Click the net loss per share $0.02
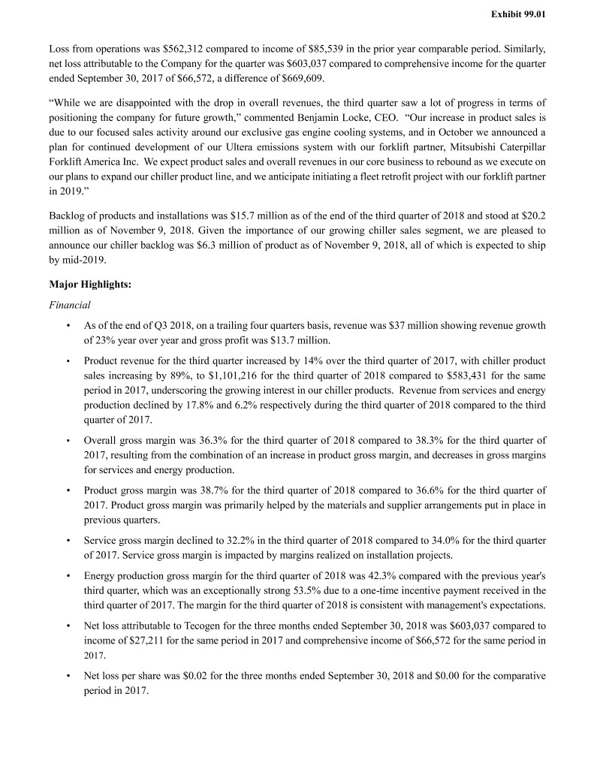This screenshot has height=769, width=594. [x=199, y=674]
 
